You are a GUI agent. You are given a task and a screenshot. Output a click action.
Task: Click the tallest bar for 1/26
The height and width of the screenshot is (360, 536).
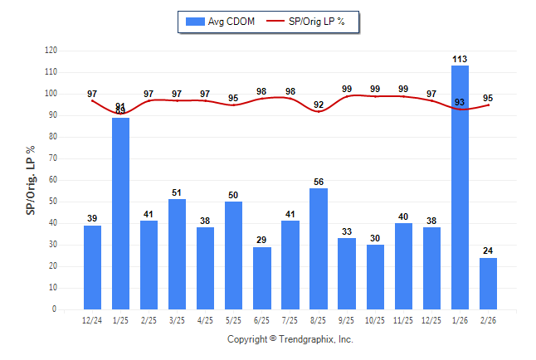460,187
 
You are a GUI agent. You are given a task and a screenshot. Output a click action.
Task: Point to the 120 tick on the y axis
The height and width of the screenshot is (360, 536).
51,51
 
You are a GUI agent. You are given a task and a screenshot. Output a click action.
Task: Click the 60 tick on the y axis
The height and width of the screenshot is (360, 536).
53,180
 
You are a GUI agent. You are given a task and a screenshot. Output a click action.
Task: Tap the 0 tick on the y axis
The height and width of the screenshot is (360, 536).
55,309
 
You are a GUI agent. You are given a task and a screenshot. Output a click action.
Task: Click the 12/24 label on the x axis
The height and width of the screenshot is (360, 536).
93,320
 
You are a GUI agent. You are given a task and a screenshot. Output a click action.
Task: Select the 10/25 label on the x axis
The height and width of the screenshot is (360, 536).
375,320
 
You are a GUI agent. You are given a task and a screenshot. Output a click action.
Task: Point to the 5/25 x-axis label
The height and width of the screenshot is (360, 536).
234,320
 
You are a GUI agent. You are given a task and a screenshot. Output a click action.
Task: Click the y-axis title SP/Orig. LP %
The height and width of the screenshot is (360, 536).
31,179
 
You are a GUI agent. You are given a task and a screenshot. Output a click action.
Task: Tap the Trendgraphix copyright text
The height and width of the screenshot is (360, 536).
290,339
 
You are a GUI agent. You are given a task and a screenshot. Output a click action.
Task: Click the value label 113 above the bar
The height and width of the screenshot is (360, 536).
460,59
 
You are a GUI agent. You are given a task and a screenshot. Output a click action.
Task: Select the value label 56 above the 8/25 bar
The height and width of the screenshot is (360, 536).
319,182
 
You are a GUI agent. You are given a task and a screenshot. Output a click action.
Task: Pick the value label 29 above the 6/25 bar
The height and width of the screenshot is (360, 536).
262,240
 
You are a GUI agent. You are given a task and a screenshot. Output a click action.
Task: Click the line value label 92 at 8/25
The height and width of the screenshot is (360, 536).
319,105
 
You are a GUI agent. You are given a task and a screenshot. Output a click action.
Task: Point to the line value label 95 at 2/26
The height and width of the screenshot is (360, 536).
488,98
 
